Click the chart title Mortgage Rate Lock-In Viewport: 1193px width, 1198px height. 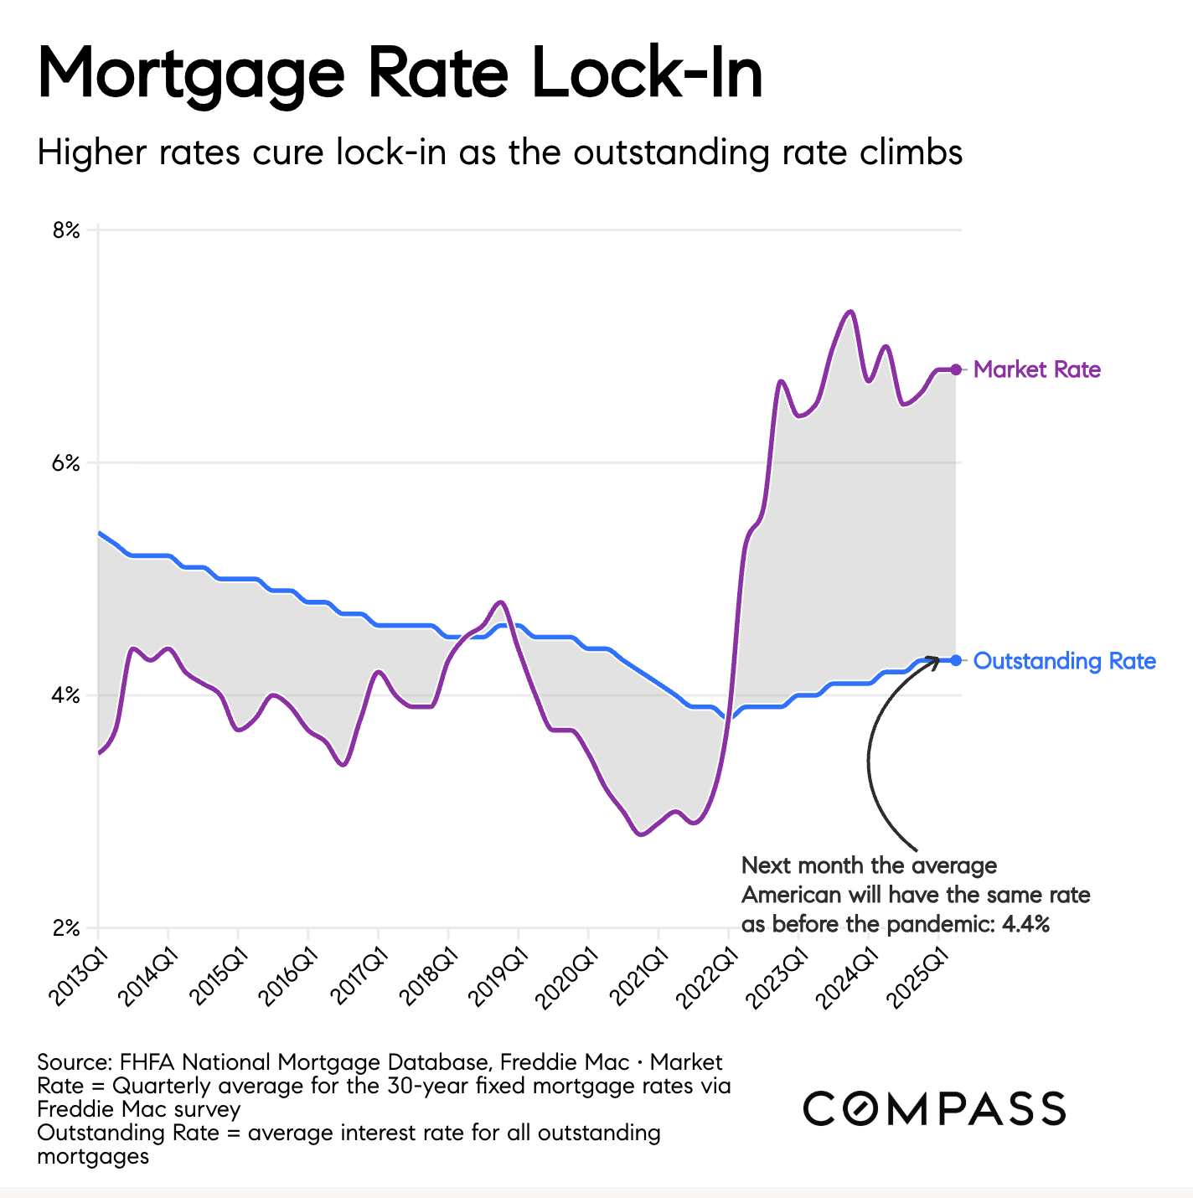coord(400,74)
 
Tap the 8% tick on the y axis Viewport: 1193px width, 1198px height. coord(66,230)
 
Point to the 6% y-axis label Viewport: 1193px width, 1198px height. coord(66,463)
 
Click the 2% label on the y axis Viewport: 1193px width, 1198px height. coord(66,928)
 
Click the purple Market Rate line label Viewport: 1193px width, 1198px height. coord(1037,369)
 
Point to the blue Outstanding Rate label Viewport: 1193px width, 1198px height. coord(1065,661)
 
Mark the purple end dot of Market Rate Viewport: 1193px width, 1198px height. coord(956,369)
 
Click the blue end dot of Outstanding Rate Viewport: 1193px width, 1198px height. coord(956,659)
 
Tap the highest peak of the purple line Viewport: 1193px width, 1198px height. coord(851,312)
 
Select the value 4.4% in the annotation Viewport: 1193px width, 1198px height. coord(1025,925)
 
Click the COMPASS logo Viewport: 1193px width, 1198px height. coord(934,1108)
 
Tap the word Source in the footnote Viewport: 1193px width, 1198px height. coord(73,1062)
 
